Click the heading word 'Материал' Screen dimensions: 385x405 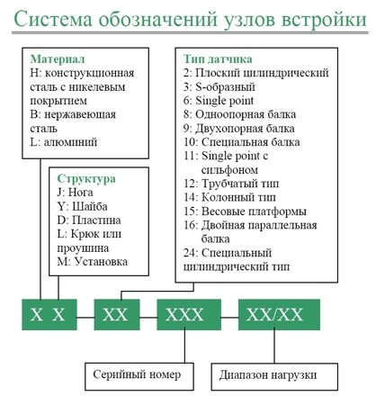[58, 59]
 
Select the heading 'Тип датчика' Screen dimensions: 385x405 [218, 59]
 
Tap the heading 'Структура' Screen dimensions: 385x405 [86, 178]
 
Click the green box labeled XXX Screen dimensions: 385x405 [189, 315]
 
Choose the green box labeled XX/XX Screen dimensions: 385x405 [279, 315]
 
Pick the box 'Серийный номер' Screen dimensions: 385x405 [139, 376]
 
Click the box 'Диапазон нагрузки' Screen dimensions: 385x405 [274, 377]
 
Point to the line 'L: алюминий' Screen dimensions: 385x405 [64, 142]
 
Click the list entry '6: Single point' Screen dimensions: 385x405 [219, 101]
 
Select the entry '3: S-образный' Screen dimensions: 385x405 [219, 87]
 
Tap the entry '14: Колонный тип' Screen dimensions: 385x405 [229, 197]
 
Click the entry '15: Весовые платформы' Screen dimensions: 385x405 [245, 211]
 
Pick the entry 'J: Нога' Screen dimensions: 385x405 [75, 193]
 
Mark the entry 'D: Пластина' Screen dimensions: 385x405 [89, 220]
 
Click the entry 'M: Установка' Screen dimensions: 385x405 [93, 262]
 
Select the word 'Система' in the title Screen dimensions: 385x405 [53, 19]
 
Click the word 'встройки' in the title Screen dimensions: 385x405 [325, 19]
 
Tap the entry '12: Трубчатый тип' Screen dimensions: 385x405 [231, 184]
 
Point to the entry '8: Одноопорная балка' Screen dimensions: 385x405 [239, 114]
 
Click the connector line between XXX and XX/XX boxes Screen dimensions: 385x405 [229, 317]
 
